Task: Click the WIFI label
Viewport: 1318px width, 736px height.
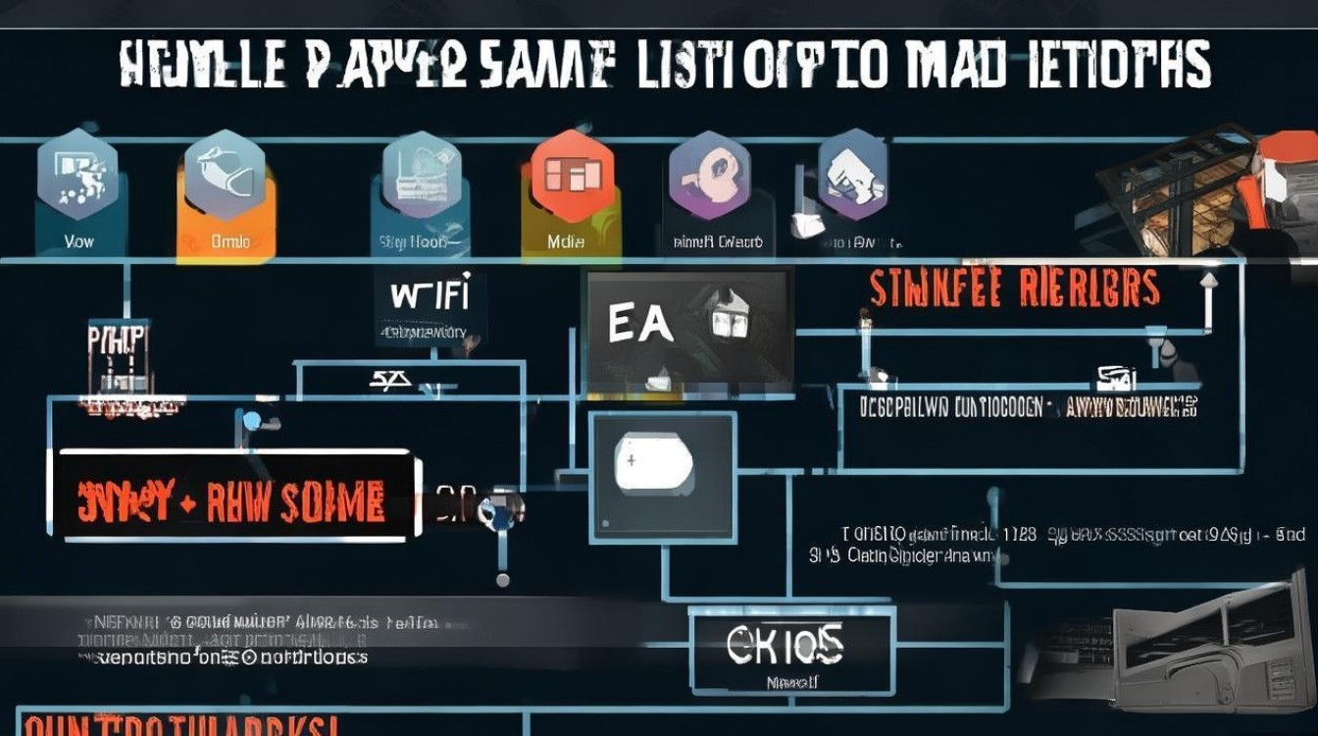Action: click(x=430, y=294)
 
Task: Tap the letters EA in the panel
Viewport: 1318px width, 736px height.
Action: click(x=640, y=325)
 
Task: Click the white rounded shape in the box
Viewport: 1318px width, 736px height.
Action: click(x=653, y=463)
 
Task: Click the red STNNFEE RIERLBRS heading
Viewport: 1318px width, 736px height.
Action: click(x=1014, y=289)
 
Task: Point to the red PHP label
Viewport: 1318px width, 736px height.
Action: click(x=116, y=339)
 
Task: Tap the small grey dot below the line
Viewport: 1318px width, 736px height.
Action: click(x=503, y=581)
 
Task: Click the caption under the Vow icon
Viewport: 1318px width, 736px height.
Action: click(x=78, y=240)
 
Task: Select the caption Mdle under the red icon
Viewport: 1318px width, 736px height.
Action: click(x=567, y=240)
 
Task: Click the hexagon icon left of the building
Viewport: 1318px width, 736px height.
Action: click(x=851, y=177)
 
